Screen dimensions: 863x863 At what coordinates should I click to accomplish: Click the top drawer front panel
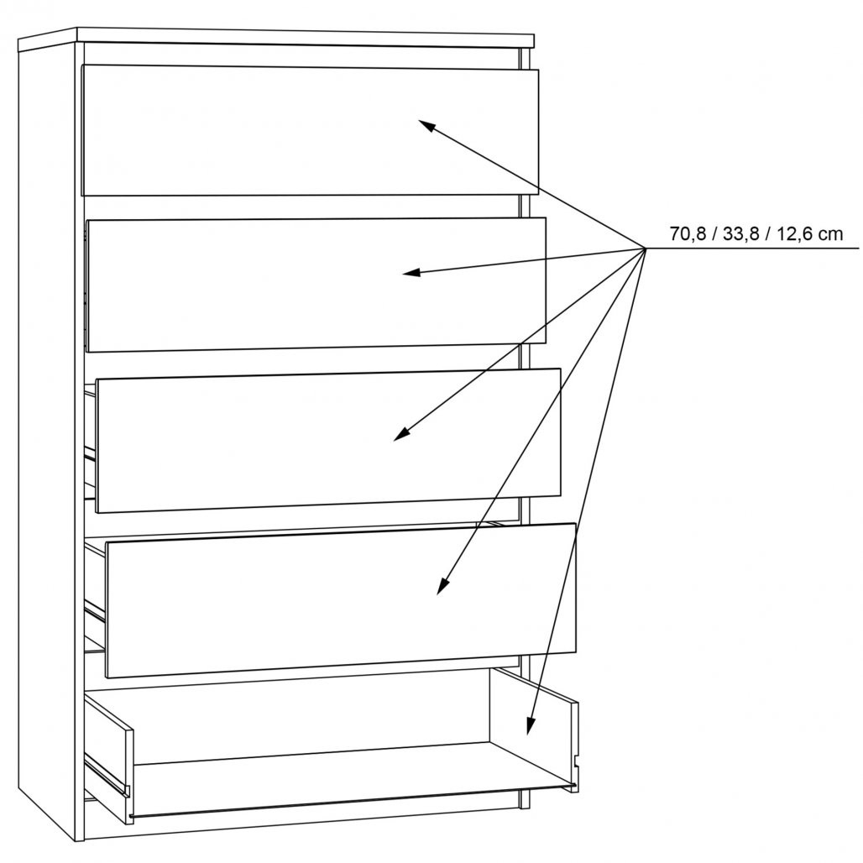point(310,131)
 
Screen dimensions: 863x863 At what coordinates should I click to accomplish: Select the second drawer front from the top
point(316,285)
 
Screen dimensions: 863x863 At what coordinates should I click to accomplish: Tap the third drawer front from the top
point(328,440)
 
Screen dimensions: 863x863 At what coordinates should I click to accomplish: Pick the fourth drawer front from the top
point(341,600)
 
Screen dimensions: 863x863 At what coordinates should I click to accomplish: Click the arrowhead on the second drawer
point(411,272)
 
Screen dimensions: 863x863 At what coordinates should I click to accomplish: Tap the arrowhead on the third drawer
point(402,434)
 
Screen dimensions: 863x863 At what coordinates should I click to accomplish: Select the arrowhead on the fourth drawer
point(442,586)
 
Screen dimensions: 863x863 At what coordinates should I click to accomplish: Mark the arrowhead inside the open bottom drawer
point(531,725)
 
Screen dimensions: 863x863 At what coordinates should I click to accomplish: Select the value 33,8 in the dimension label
point(741,234)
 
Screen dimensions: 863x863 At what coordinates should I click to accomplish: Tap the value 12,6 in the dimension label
point(795,234)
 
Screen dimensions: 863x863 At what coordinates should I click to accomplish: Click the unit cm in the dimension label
point(830,235)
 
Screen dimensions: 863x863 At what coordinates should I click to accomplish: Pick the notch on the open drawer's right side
point(576,762)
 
